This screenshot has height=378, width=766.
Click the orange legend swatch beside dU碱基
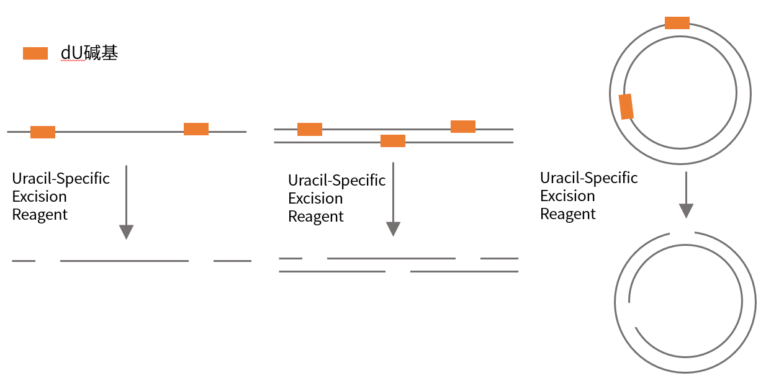pos(35,53)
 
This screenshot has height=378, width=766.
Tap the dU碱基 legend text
pos(89,53)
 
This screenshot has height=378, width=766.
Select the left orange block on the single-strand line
pos(43,132)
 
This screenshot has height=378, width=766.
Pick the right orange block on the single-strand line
pos(196,129)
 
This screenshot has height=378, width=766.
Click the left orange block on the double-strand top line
pos(310,129)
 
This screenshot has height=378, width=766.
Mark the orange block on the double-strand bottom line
pos(393,141)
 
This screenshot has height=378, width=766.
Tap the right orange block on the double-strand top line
pos(463,127)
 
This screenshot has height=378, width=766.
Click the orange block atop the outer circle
pos(677,23)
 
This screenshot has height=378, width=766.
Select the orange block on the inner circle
pos(626,107)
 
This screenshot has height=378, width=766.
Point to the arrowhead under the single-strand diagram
pos(126,232)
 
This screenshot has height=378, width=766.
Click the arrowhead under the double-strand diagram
pos(394,229)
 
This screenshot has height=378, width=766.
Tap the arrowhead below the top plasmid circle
pos(686,210)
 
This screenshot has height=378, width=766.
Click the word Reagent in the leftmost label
pos(40,215)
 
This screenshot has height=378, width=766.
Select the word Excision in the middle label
pos(315,199)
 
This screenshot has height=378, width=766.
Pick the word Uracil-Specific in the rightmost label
pos(589,178)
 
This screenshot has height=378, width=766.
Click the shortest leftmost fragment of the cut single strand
pos(24,261)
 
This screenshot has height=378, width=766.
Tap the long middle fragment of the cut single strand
pos(125,261)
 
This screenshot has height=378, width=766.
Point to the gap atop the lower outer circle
pos(682,233)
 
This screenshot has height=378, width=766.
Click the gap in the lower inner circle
pos(631,315)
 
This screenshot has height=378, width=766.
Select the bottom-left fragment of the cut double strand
pos(332,272)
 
